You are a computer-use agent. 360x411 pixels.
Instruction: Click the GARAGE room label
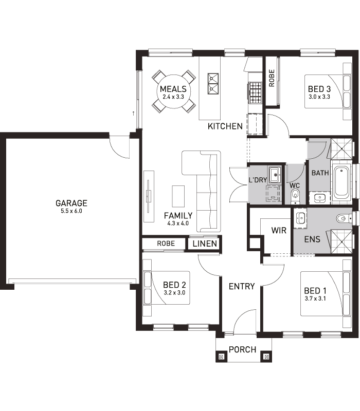(71, 203)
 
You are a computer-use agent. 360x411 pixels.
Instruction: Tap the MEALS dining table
(173, 91)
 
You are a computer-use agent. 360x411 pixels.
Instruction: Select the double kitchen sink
(213, 83)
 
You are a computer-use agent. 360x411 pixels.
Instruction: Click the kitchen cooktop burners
(255, 92)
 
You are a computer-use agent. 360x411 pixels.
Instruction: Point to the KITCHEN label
(225, 126)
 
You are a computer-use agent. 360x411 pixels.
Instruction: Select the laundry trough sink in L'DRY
(275, 174)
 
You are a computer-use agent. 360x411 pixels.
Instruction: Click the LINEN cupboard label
(205, 244)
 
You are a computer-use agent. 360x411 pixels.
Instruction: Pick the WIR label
(279, 230)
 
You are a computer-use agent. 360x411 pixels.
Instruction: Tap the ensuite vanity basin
(301, 217)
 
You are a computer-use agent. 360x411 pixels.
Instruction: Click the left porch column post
(221, 357)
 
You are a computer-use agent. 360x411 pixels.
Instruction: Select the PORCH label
(242, 350)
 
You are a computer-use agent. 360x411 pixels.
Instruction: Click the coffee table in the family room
(178, 196)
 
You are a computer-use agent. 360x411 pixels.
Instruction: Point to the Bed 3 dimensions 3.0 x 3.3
(319, 97)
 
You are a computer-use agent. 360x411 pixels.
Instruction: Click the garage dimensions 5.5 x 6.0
(71, 211)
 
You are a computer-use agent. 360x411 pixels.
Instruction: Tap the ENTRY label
(242, 286)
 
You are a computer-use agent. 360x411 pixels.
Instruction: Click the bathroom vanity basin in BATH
(320, 198)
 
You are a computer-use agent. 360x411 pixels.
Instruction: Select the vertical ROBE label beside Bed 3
(272, 78)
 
